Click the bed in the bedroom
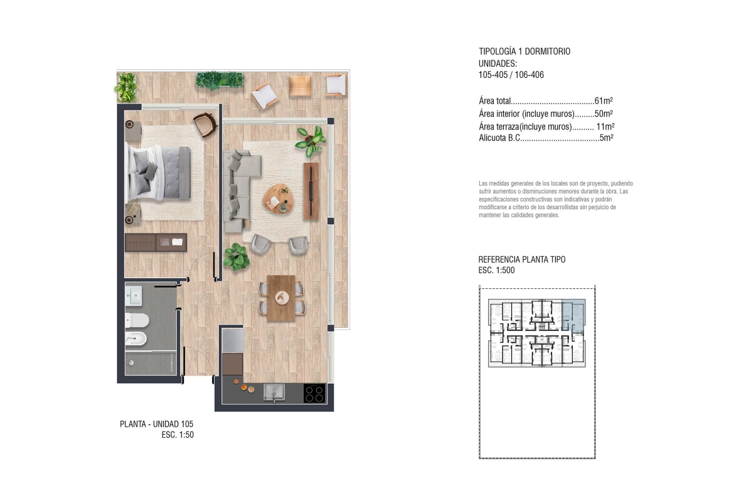159,173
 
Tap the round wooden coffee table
279,198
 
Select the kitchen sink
274,393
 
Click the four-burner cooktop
314,393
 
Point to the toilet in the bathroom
137,320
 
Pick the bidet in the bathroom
136,339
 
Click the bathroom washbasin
134,296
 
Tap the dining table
281,298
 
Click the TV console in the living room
311,191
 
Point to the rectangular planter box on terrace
220,80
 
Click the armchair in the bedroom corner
205,124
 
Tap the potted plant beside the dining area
236,257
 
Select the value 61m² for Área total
604,100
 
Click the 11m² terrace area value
605,126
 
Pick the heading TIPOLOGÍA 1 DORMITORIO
524,51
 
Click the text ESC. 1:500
496,271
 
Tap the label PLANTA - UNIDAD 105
156,424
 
